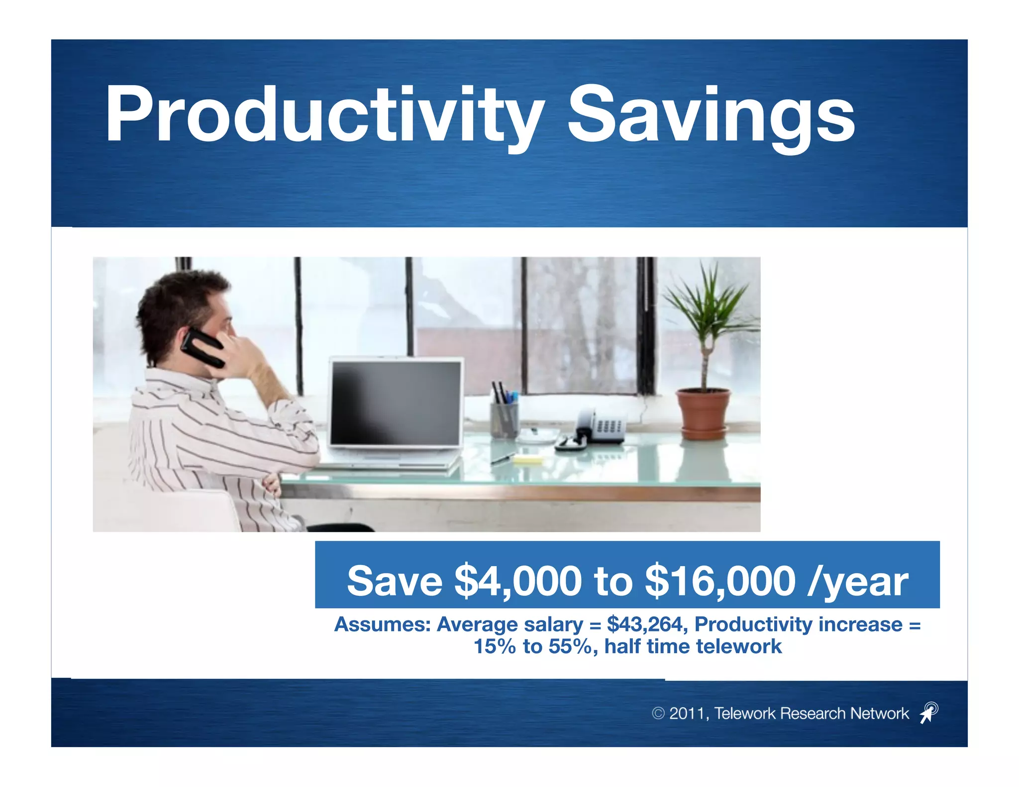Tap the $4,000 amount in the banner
point(517,581)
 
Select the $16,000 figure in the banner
point(720,581)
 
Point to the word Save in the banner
point(395,581)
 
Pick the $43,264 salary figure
point(647,624)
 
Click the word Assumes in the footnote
point(382,624)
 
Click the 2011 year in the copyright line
point(687,713)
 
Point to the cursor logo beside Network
point(928,712)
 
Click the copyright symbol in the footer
point(658,713)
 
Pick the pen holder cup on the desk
point(504,419)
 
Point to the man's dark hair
point(179,303)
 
